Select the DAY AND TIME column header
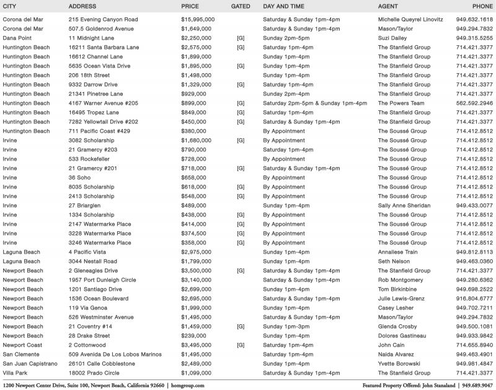(x=282, y=6)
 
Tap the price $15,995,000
(x=198, y=19)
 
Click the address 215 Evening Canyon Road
(x=103, y=19)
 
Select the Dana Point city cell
(x=19, y=38)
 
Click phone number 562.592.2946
(x=474, y=103)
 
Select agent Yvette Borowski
(x=399, y=363)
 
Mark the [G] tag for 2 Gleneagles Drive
(x=241, y=270)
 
